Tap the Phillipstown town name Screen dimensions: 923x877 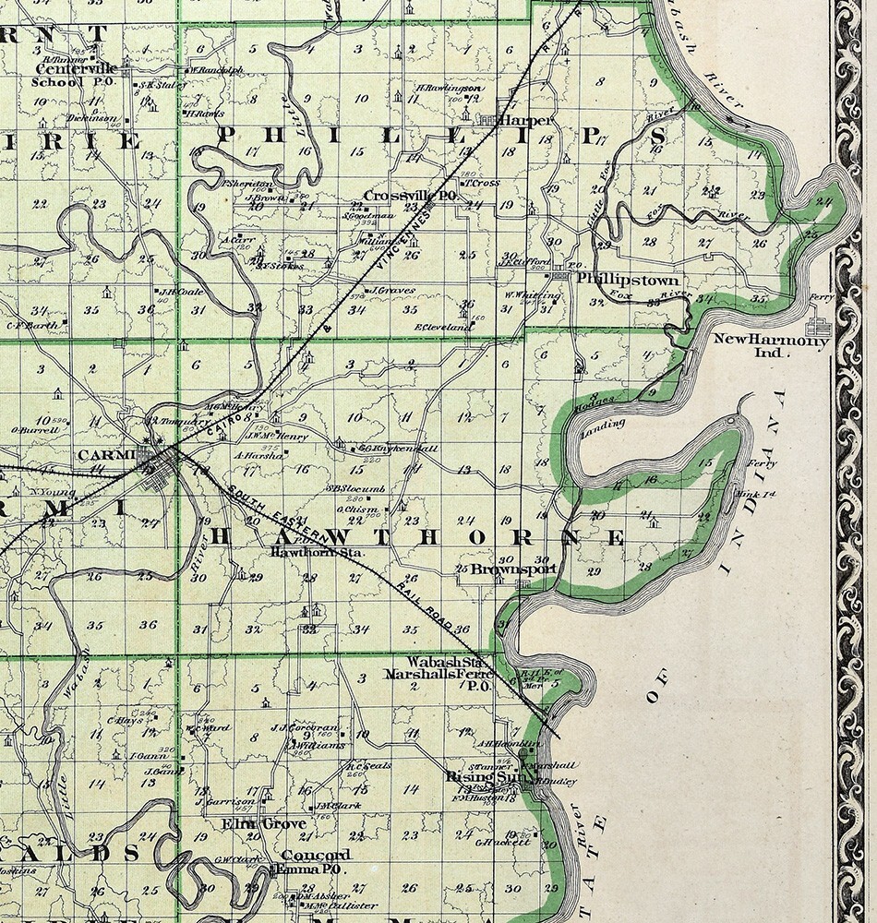pyautogui.click(x=628, y=279)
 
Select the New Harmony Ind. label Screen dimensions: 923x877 pyautogui.click(x=772, y=345)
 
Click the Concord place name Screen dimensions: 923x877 pyautogui.click(x=316, y=855)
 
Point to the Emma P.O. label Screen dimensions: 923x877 pyautogui.click(x=310, y=869)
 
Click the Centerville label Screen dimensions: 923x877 pyautogui.click(x=74, y=67)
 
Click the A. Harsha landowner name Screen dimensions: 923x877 pyautogui.click(x=258, y=454)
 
